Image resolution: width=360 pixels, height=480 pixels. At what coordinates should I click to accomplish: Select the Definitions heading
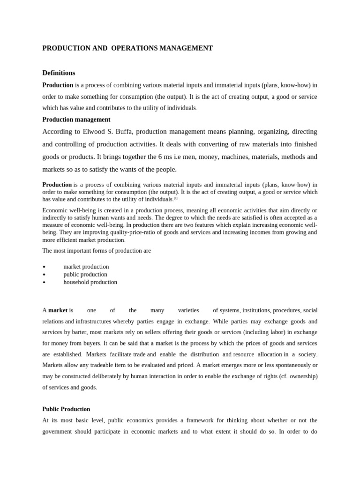coord(59,73)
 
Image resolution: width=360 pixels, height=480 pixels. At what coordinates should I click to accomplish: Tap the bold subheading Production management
coord(76,120)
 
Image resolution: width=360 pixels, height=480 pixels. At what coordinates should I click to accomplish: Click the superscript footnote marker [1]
coord(175,199)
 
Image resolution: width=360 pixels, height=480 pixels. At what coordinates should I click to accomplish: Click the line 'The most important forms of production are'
coord(97,250)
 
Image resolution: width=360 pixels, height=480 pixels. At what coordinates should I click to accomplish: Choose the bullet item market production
coord(86,267)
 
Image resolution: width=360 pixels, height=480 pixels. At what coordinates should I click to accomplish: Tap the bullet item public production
coord(85,274)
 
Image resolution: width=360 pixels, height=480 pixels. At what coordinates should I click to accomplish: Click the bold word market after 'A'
coord(58,310)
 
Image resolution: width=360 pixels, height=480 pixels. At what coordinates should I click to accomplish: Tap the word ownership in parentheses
coord(302,376)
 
